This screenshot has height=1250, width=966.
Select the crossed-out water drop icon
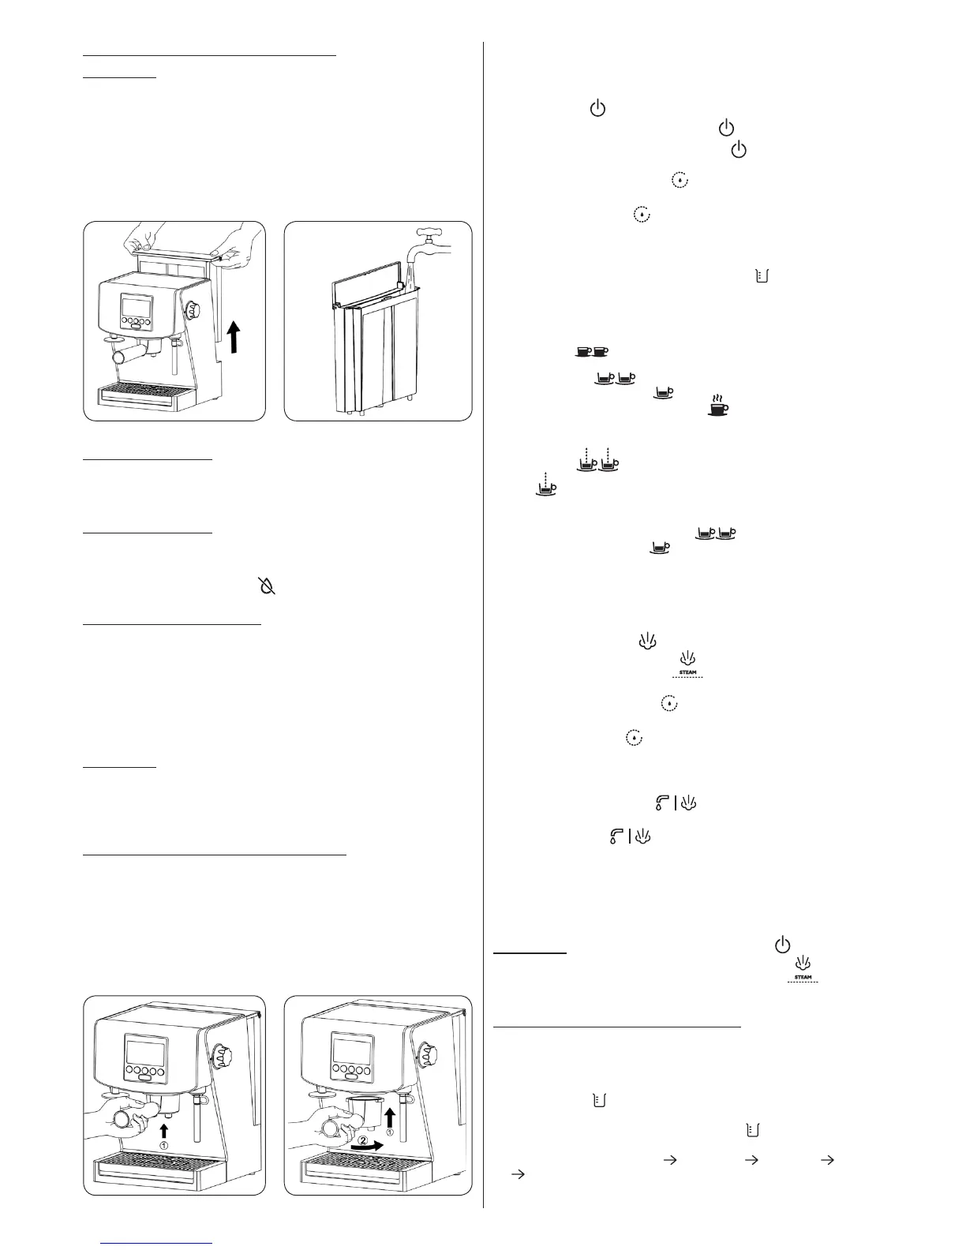[x=269, y=586]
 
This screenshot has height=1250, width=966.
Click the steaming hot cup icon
[x=717, y=406]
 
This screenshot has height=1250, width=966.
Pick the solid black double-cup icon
[x=592, y=352]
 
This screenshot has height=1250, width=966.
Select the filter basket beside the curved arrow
[x=364, y=1110]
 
